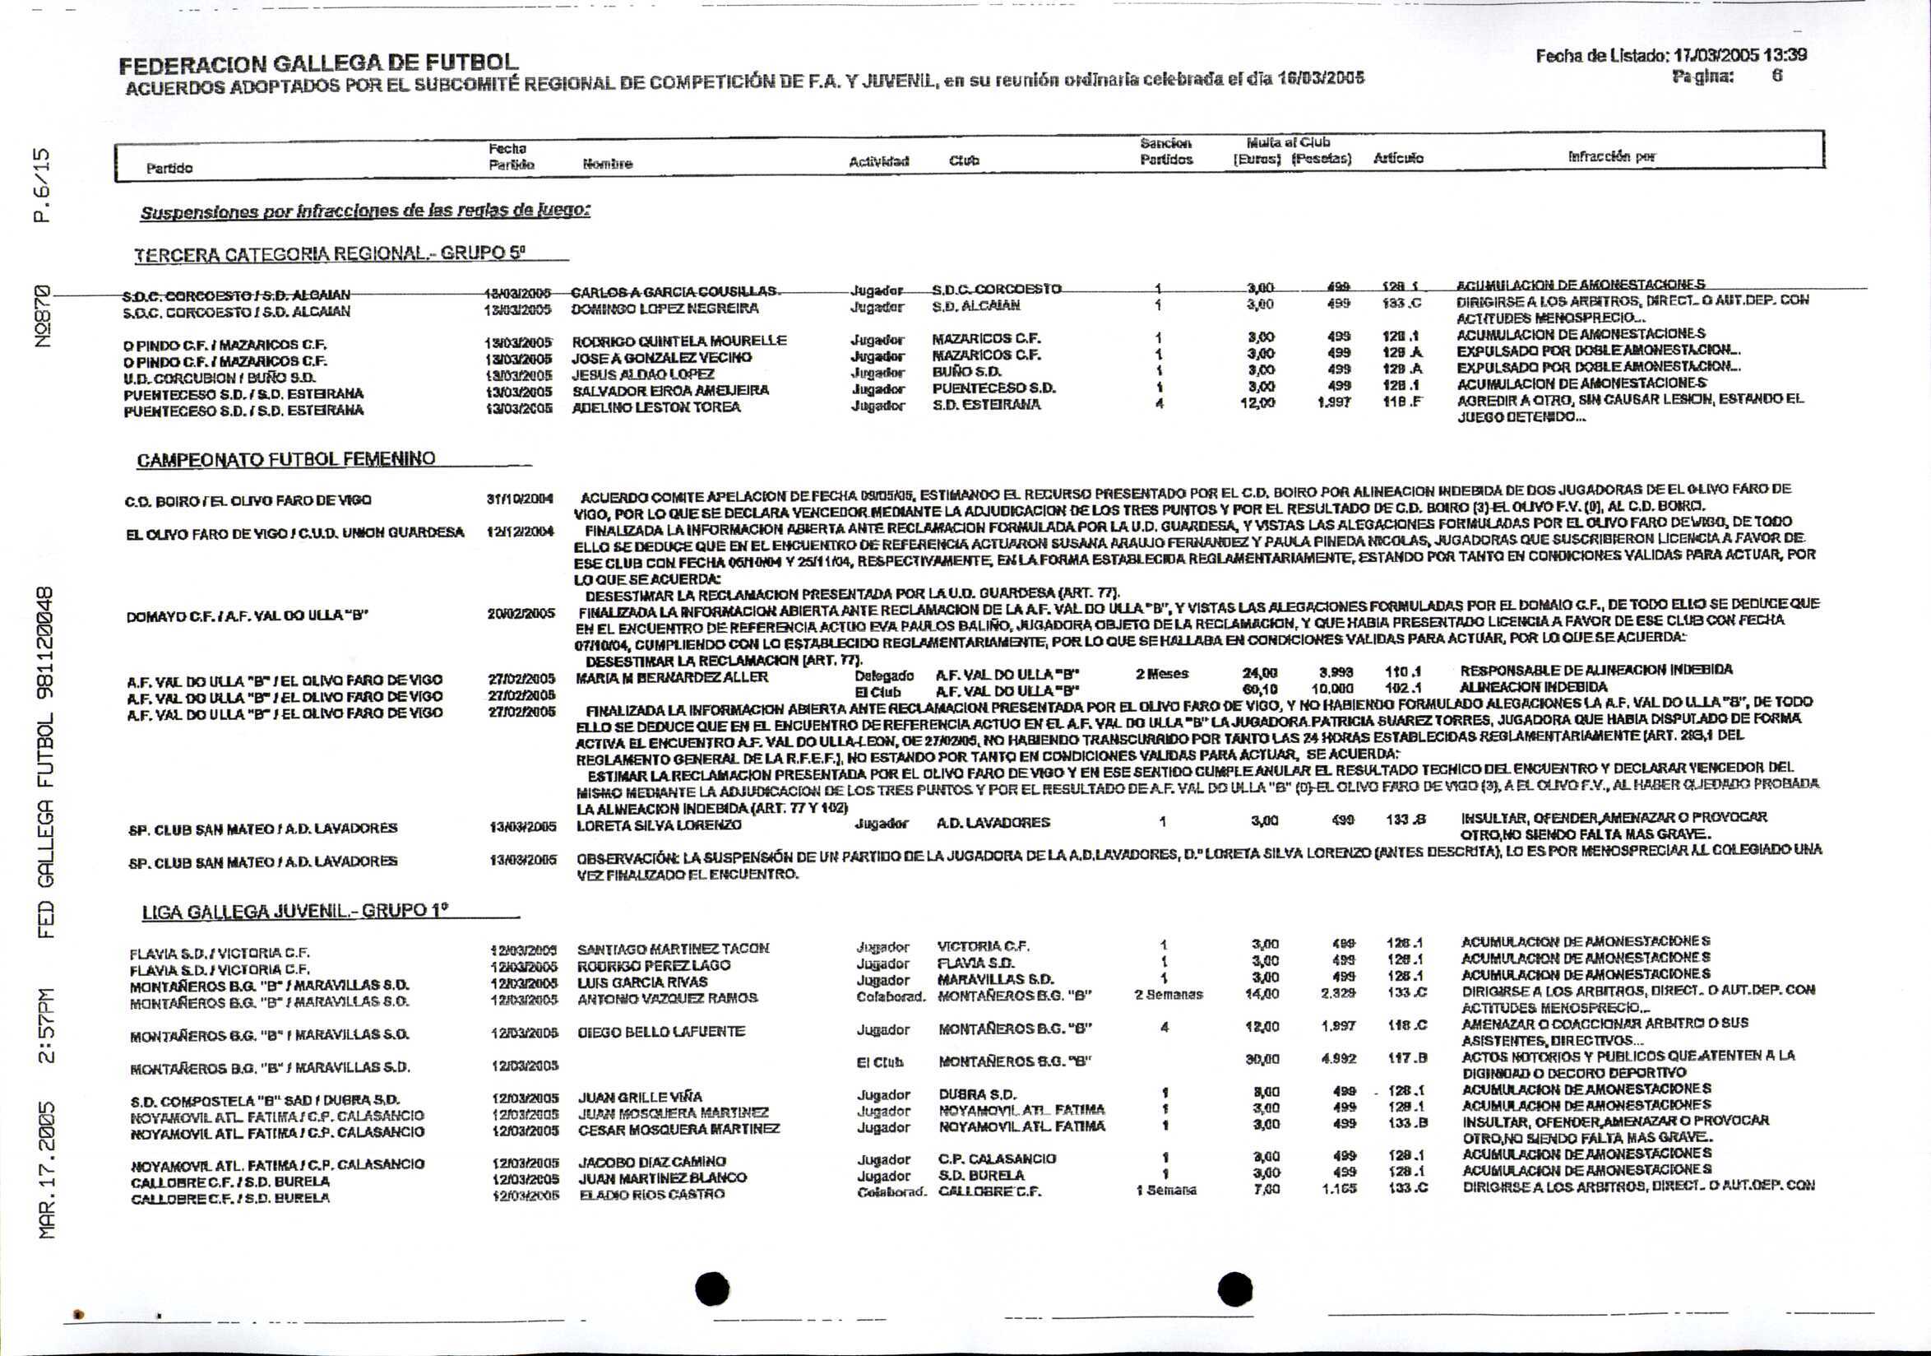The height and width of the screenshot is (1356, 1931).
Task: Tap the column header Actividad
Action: [879, 160]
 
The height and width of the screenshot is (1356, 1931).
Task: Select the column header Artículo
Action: [1398, 158]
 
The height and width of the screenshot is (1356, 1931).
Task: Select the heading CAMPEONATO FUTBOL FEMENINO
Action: [286, 459]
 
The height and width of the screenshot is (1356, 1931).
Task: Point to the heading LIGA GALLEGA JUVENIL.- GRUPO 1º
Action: [294, 912]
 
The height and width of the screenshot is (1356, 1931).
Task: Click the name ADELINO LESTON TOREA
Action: [656, 407]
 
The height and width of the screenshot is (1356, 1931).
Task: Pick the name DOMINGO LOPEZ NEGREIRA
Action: [665, 309]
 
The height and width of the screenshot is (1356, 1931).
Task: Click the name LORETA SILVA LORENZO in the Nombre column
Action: [659, 825]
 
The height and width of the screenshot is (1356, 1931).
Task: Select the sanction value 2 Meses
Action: [1161, 674]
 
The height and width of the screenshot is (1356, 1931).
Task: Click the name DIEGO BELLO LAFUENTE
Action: [661, 1031]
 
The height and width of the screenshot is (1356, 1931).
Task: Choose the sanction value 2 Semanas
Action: [1168, 994]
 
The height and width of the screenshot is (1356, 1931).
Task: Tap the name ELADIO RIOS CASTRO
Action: [652, 1195]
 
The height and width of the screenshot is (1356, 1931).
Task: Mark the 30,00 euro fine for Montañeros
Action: [1262, 1060]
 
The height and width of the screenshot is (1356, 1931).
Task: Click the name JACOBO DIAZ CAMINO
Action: [652, 1162]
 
